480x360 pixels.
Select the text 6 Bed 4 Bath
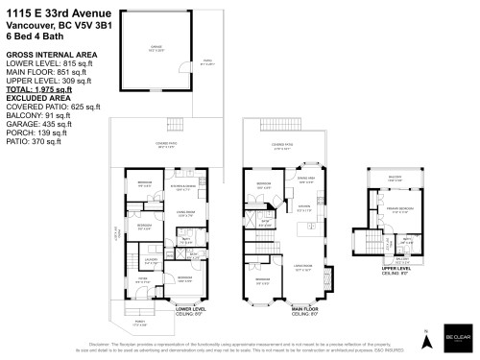pyautogui.click(x=33, y=36)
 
